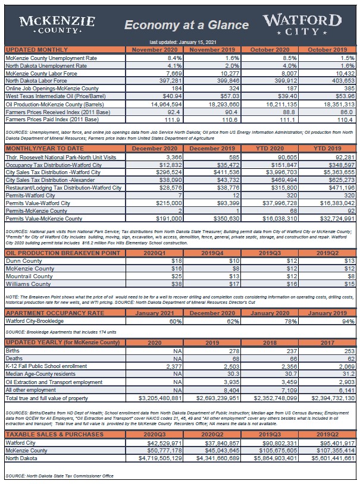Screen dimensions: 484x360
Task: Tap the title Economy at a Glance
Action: tap(186, 25)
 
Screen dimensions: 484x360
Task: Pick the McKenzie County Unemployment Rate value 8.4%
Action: tap(172, 58)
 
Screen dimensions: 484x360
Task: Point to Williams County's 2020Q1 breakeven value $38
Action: tap(176, 284)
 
